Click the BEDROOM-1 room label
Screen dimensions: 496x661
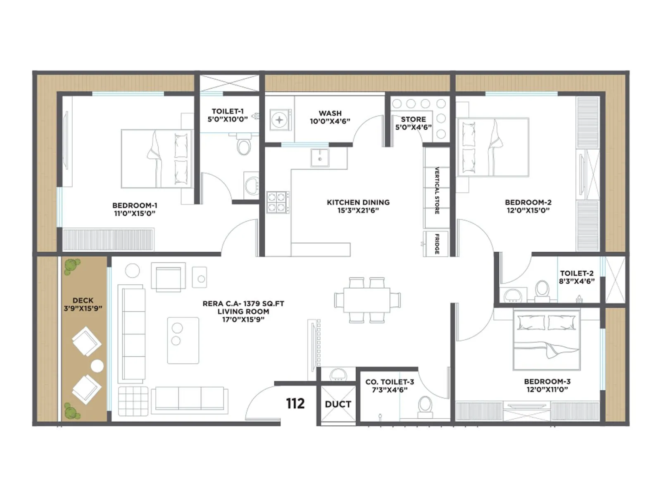[135, 205]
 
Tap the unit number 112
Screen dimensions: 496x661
[295, 403]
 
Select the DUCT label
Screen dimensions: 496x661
[338, 404]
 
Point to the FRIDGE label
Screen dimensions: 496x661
[437, 244]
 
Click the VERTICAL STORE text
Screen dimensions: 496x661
[437, 191]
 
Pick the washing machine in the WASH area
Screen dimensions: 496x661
[279, 120]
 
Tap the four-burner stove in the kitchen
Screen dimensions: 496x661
[278, 202]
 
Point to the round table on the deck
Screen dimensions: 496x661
[97, 366]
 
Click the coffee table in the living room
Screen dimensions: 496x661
[183, 340]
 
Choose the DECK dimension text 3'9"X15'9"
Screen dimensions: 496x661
[83, 308]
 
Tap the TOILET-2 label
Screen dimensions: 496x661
[577, 273]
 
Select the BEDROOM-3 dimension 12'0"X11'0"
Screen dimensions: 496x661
[547, 389]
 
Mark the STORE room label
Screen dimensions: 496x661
[413, 119]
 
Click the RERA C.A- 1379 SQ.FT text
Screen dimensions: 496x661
[243, 303]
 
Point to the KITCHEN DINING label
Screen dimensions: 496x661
[358, 202]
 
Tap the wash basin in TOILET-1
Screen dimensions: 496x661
[251, 185]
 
